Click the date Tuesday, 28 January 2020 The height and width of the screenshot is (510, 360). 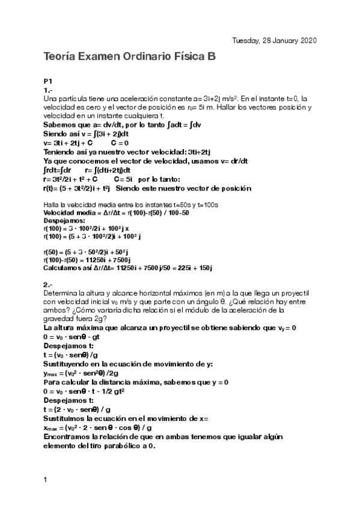275,40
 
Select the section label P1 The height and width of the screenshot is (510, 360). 48,81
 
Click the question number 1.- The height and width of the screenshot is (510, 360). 49,89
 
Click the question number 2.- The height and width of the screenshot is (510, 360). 49,284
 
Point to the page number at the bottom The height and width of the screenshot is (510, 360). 46,480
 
